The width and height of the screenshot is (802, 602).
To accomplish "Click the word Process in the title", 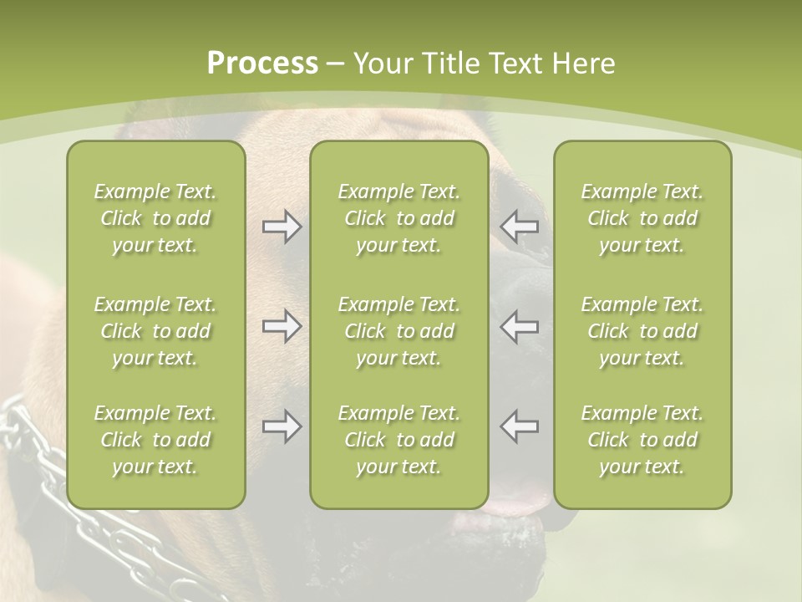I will pos(262,64).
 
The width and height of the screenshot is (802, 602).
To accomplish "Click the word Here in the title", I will pos(581,64).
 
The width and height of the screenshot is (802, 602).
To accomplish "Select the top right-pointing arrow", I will pos(282,227).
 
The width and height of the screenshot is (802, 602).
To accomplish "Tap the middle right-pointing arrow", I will pos(282,326).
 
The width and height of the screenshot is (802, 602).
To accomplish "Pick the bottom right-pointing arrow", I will pos(282,426).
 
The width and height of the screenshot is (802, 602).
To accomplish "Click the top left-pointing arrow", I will pos(519,227).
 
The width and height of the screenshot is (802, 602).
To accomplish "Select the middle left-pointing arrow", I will pos(519,326).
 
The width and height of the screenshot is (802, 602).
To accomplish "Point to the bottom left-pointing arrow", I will pos(519,426).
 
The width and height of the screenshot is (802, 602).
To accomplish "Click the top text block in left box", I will pos(155,218).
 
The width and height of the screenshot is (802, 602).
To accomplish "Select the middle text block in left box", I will pos(155,331).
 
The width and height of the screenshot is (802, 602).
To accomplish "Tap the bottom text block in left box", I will pos(155,440).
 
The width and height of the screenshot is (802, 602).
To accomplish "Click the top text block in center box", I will pos(398,218).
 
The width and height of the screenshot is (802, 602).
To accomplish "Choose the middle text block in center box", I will pos(398,331).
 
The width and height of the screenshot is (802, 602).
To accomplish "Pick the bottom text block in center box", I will pos(398,440).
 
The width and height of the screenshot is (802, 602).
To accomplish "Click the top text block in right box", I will pos(642,218).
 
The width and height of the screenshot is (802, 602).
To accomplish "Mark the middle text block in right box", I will pos(642,331).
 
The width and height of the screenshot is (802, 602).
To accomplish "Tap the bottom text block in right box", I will pos(642,440).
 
